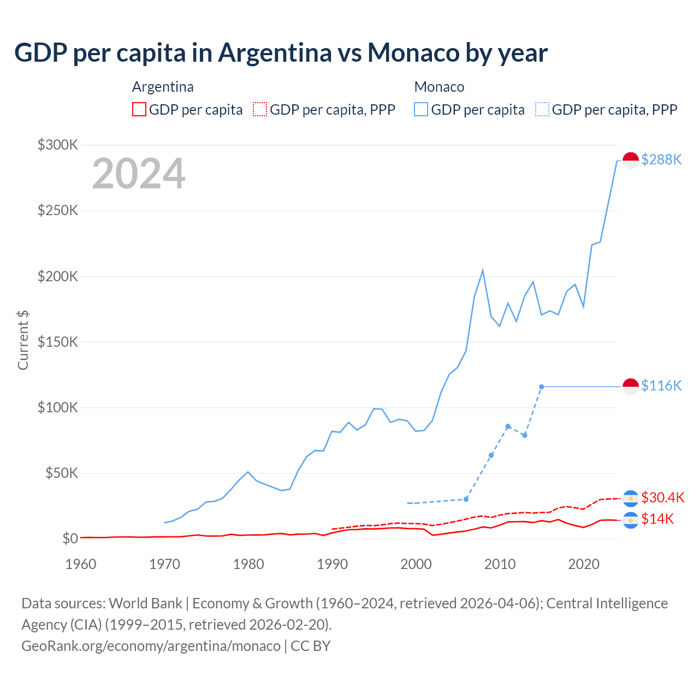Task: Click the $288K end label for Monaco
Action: click(661, 159)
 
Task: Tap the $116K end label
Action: click(661, 386)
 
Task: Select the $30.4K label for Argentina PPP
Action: click(662, 497)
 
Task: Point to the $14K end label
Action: click(657, 519)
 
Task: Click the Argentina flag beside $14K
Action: click(631, 520)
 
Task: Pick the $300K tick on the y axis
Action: click(58, 145)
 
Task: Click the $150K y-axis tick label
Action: click(58, 342)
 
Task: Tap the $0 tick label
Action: click(70, 538)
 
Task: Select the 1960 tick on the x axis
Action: click(81, 564)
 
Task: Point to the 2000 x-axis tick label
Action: click(416, 564)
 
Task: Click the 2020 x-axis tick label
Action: click(584, 564)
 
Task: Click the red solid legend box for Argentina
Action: click(139, 109)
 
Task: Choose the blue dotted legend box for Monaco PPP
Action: click(542, 109)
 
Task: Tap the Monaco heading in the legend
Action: click(439, 87)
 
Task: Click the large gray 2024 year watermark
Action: click(139, 174)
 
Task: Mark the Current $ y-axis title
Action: click(23, 340)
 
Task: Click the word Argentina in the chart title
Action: click(275, 52)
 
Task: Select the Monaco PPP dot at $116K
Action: click(541, 387)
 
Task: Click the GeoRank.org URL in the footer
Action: click(151, 645)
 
